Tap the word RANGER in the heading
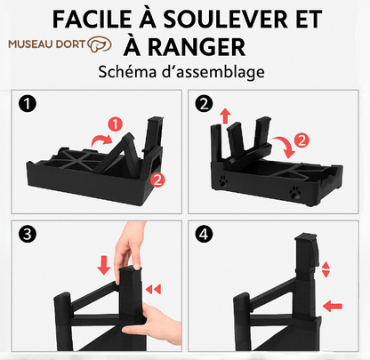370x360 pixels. coord(197,47)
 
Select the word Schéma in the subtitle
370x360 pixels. coord(127,72)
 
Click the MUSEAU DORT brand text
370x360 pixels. coord(47,44)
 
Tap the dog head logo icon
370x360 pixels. coord(100,44)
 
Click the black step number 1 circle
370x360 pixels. coord(28,104)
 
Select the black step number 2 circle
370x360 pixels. coord(204,104)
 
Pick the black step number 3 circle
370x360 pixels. coord(28,235)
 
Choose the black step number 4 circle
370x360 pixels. coord(204,235)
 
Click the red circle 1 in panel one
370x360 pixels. coord(116,124)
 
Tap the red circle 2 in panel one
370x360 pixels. coord(157,180)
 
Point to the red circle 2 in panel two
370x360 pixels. coord(302,140)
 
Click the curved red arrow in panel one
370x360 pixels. coord(100,139)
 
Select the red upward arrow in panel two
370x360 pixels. coord(225,116)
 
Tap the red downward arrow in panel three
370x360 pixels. coord(104,265)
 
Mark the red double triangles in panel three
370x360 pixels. coord(153,289)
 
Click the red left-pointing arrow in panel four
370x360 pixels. coord(333,306)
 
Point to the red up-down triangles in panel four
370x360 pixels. coord(326,269)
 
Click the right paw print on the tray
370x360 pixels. coord(295,192)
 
